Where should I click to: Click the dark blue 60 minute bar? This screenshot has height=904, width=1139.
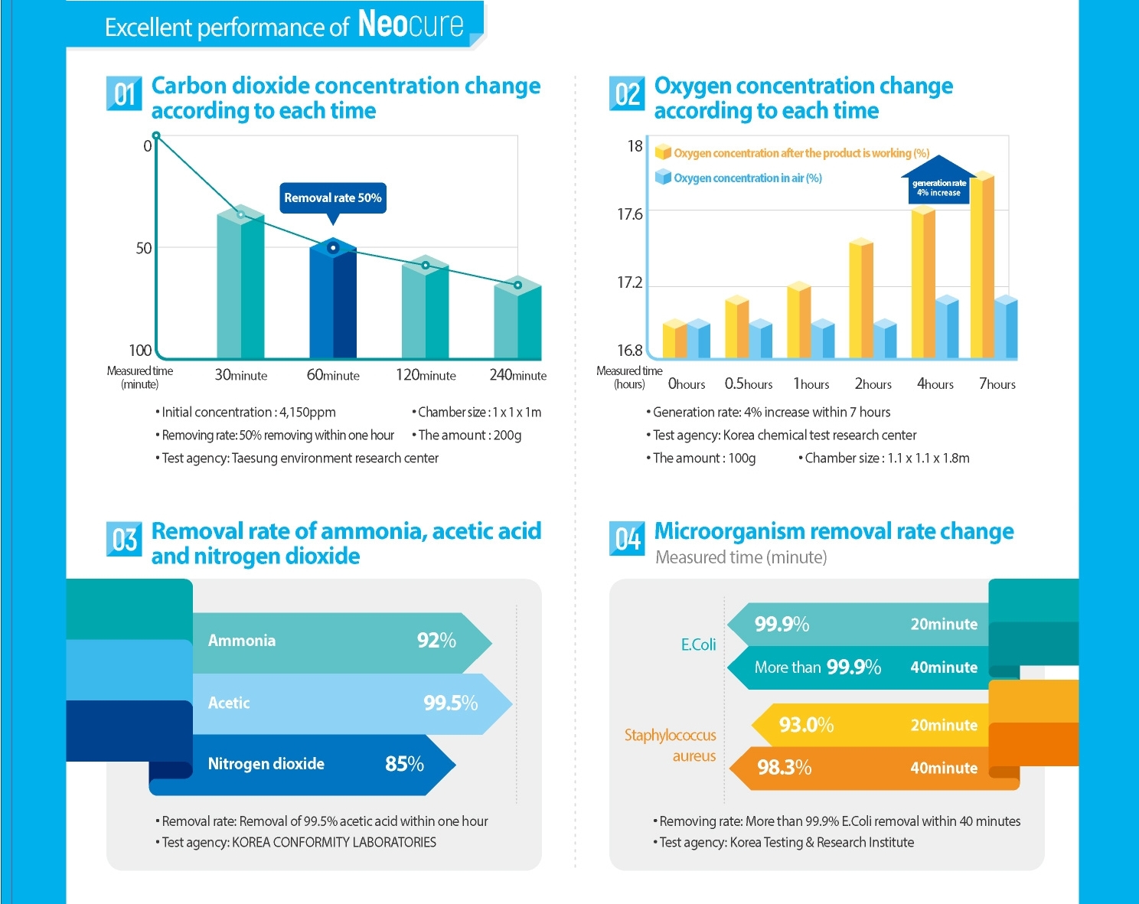pos(333,302)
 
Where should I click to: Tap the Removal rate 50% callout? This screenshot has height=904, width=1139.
pos(333,197)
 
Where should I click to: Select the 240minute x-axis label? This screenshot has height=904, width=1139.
pos(517,375)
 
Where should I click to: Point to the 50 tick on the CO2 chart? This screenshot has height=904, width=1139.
pos(144,248)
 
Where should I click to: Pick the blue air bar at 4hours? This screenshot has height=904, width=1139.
pos(947,327)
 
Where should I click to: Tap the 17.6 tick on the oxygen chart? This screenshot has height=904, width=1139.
pos(630,214)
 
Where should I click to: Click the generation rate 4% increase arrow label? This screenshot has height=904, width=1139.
pos(939,188)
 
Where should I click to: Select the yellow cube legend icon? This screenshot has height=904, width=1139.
pos(663,152)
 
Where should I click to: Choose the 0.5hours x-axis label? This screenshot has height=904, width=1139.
pos(749,383)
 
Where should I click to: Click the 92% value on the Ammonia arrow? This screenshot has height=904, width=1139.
pos(436,641)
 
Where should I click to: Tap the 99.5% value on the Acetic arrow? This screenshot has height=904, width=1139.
pos(450,703)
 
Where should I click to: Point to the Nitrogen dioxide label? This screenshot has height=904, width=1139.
pos(266,764)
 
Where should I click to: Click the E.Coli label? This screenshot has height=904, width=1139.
pos(698,645)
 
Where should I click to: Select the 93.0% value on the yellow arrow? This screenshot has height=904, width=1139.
pos(806,724)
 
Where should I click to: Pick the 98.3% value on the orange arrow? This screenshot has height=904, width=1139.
pos(784,767)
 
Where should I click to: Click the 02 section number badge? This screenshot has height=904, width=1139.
pos(627,93)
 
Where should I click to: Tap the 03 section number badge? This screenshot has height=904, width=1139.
pos(124,539)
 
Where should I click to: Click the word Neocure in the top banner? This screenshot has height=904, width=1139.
pos(411,24)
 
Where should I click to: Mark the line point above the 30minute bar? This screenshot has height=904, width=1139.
pos(241,214)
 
